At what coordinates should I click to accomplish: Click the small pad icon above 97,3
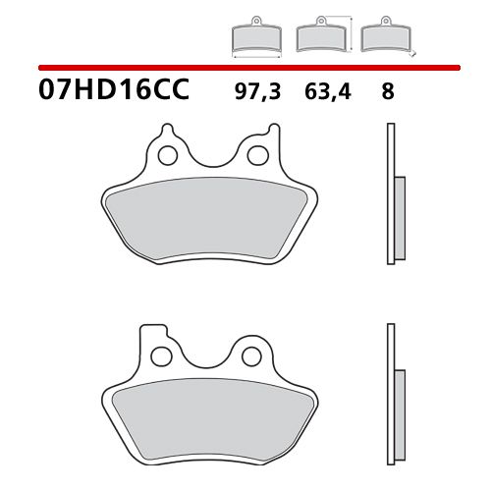254,40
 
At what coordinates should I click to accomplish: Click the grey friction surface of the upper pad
212,218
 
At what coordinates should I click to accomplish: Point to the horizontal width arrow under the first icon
254,55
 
